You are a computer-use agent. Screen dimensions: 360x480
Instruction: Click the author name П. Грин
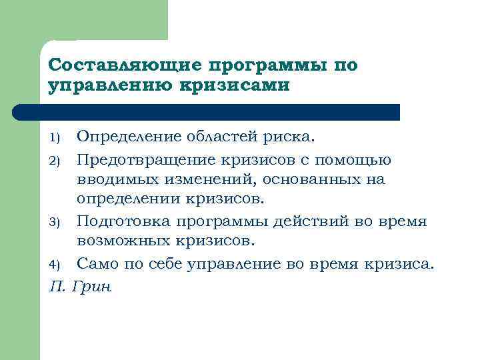click(80, 288)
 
